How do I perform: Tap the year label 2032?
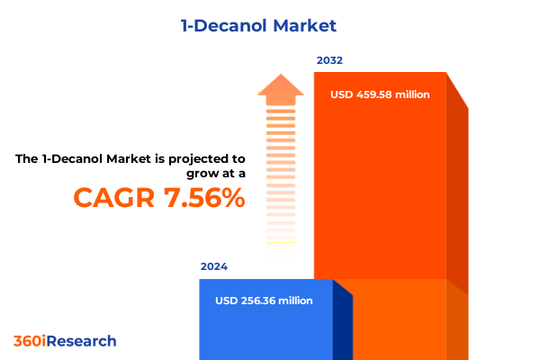point(329,60)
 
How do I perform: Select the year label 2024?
point(214,266)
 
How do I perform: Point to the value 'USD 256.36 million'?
point(265,301)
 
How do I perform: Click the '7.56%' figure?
point(200,196)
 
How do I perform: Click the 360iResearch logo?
point(65,341)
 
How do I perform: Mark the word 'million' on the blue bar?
point(295,301)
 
